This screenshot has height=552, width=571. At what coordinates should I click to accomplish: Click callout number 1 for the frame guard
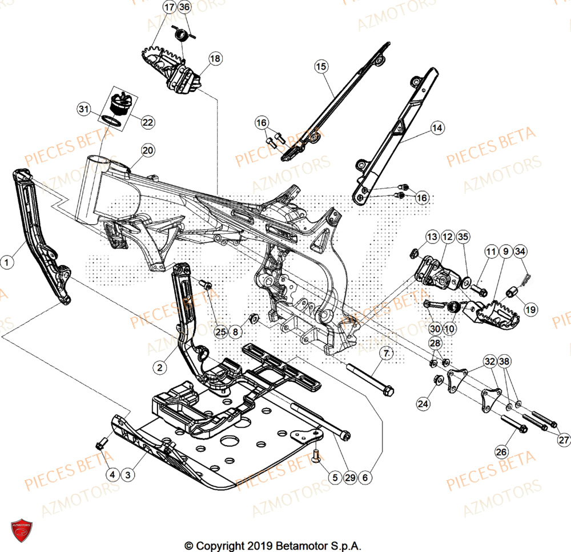(7, 262)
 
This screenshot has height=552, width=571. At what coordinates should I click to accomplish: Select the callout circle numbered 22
(147, 122)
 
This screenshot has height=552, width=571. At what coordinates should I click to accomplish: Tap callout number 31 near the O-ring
(85, 109)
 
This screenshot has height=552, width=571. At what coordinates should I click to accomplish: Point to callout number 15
(321, 67)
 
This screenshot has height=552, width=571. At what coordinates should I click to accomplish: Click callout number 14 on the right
(437, 128)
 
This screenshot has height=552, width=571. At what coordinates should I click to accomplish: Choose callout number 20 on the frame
(147, 151)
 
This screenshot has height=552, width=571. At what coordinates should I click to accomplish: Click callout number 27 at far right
(564, 440)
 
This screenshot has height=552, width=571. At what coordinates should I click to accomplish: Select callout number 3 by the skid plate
(128, 474)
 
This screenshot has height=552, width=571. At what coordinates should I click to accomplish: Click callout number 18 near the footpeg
(215, 58)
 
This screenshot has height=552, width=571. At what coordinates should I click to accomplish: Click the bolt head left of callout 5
(317, 455)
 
